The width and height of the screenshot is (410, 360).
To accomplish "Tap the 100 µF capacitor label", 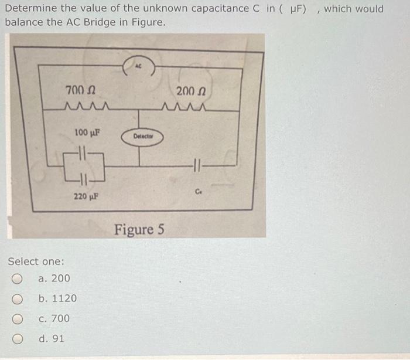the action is pyautogui.click(x=88, y=132).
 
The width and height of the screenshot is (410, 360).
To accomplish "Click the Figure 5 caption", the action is pyautogui.click(x=139, y=229).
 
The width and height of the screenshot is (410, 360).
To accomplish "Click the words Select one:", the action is pyautogui.click(x=36, y=261).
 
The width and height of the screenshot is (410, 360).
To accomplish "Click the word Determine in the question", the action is pyautogui.click(x=29, y=9).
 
